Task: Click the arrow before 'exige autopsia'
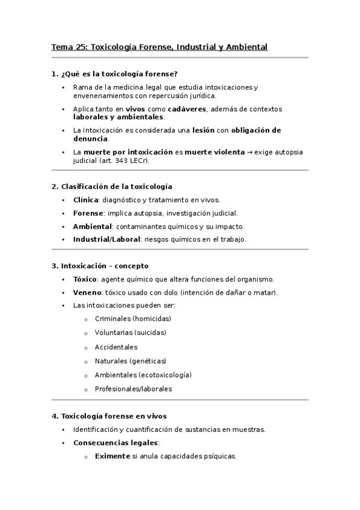[249, 152]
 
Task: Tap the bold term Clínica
[85, 200]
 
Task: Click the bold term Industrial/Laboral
[106, 239]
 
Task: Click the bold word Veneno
[87, 292]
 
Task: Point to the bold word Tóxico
[85, 279]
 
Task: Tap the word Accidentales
[116, 346]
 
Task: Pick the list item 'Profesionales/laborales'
[133, 389]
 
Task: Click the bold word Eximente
[112, 456]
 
